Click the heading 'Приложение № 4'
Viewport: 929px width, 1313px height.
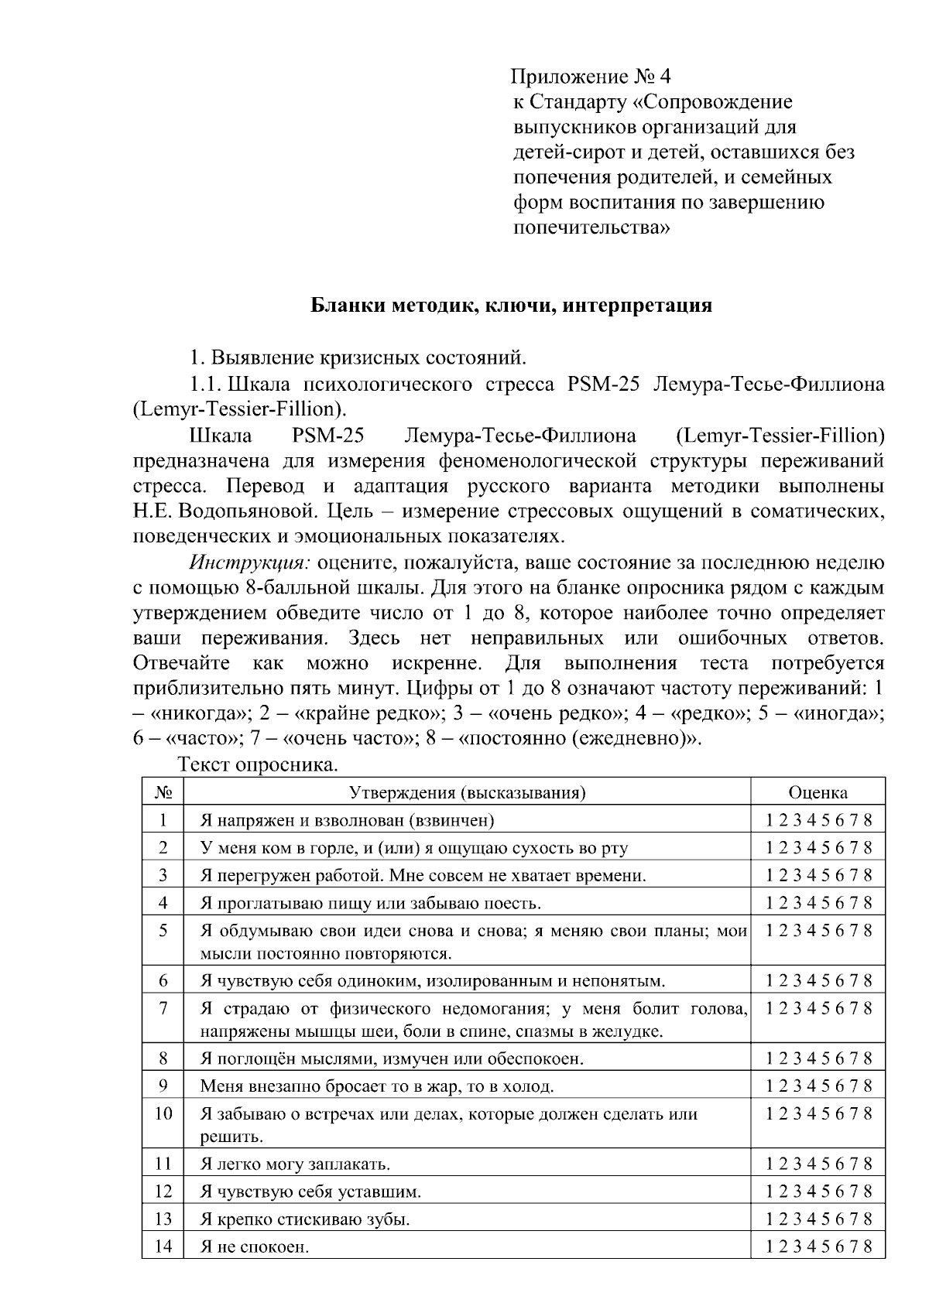point(590,77)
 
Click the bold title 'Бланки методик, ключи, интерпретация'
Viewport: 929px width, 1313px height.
point(511,306)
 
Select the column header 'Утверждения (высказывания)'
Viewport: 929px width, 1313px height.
point(467,792)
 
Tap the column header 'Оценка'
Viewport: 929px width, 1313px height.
point(818,792)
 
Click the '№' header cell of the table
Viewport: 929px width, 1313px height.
point(163,792)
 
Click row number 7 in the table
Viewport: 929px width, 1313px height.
point(163,1008)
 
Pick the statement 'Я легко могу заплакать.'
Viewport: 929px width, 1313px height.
point(295,1164)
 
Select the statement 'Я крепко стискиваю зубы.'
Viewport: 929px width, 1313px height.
point(304,1219)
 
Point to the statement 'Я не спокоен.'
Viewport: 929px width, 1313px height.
point(254,1247)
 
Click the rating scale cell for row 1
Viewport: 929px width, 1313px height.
point(818,820)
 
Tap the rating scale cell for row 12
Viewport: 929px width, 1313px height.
point(818,1192)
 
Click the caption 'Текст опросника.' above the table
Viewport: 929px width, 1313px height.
point(259,765)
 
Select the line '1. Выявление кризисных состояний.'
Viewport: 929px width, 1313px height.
point(358,358)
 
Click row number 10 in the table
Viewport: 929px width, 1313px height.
point(163,1113)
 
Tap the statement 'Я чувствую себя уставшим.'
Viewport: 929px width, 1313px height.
point(310,1192)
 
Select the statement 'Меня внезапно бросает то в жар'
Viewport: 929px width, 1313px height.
point(376,1086)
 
